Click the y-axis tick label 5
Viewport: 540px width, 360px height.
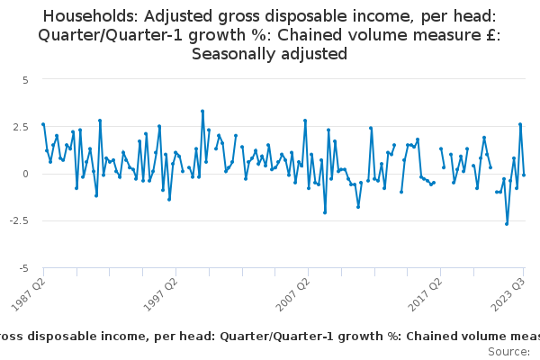click(25, 79)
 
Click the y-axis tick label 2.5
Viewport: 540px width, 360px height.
click(21, 126)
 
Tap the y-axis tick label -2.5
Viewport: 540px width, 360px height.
click(19, 220)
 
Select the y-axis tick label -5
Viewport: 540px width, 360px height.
click(23, 268)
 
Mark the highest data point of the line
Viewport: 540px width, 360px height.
click(202, 111)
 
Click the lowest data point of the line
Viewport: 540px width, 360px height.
click(507, 223)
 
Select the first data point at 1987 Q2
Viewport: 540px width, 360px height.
click(43, 124)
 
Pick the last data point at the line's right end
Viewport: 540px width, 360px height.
click(524, 175)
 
